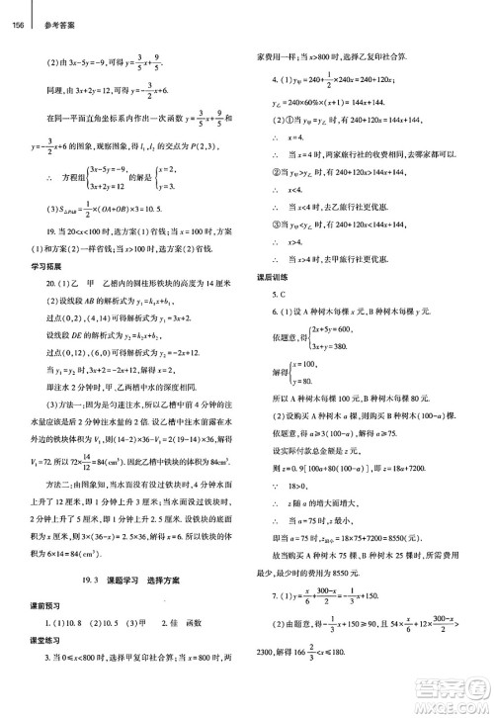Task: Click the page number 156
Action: pos(17,10)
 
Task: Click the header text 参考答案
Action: pos(48,10)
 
